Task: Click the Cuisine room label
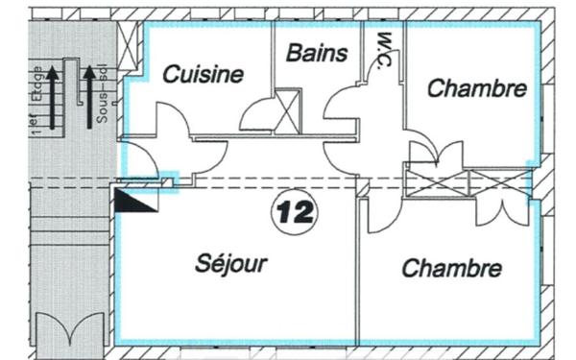click(x=202, y=75)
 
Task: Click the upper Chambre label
click(x=476, y=88)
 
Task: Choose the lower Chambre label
click(x=451, y=267)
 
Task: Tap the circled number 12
click(x=287, y=210)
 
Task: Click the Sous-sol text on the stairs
click(x=103, y=96)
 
